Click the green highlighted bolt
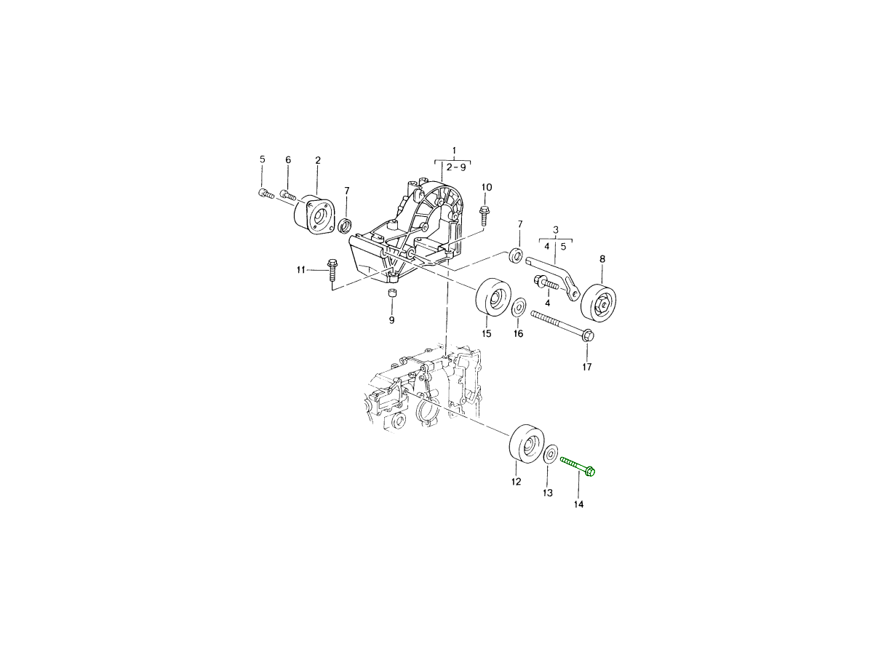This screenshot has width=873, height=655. click(578, 466)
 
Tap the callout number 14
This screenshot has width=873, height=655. click(578, 504)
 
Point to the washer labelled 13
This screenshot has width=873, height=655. click(551, 455)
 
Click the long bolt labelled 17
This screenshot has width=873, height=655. click(562, 326)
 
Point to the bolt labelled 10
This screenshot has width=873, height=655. click(485, 216)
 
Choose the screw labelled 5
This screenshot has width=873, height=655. click(266, 194)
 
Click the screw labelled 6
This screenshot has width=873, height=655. click(287, 195)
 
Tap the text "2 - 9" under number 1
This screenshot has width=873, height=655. click(456, 167)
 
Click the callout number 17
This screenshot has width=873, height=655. click(587, 367)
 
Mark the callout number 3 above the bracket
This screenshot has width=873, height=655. click(556, 229)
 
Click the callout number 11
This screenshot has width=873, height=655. click(300, 270)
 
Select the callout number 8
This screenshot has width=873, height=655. click(602, 259)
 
